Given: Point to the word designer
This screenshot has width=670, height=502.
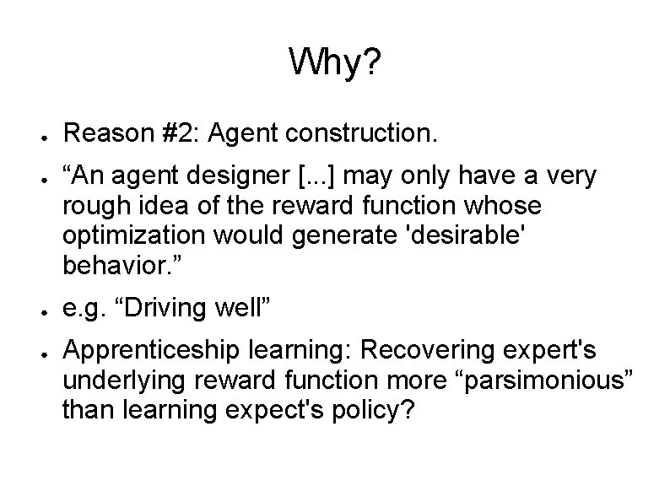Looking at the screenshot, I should click(x=244, y=177).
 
